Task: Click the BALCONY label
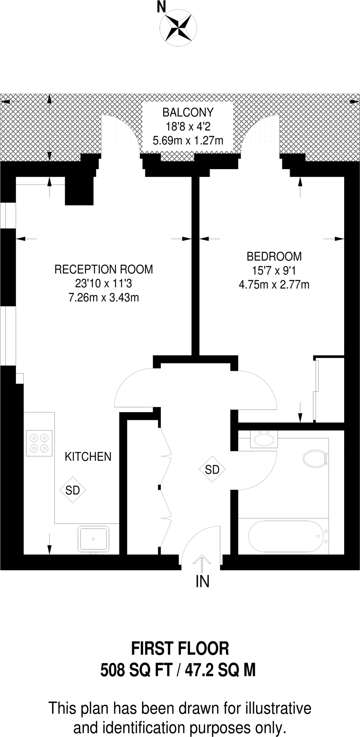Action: click(188, 113)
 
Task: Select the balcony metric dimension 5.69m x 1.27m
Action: click(188, 140)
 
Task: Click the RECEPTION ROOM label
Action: click(104, 269)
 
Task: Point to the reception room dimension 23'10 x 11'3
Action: click(104, 284)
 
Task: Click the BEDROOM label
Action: click(274, 257)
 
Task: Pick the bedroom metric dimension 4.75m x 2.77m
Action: click(274, 285)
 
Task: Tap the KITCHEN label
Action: click(88, 457)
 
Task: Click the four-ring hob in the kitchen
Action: click(39, 443)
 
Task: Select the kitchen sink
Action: click(94, 539)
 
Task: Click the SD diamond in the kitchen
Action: click(73, 490)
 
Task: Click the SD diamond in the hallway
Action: click(212, 469)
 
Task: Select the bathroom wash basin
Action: click(264, 439)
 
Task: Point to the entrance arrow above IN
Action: click(202, 563)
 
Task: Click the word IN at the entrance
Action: click(202, 582)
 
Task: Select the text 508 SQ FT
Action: click(137, 670)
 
